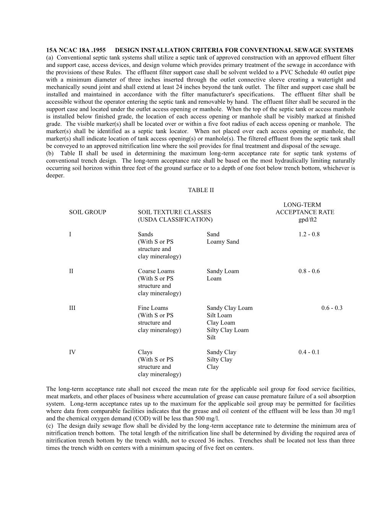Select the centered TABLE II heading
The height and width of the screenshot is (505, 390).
coord(201,190)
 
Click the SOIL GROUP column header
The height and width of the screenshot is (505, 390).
coord(88,212)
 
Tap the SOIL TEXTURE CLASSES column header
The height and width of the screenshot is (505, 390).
coord(174,212)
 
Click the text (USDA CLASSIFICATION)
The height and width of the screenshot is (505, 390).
coord(175,220)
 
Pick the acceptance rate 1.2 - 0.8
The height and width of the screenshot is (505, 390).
coord(309,235)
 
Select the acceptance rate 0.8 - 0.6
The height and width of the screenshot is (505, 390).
coord(309,271)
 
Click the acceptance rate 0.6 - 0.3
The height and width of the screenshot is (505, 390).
coord(332,308)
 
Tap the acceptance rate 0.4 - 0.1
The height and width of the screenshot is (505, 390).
coord(309,352)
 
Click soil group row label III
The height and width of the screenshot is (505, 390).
coord(72,308)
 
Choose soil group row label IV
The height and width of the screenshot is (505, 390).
coord(72,352)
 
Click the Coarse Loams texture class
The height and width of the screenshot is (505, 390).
coord(156,271)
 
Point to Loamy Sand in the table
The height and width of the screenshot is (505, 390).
coord(223,242)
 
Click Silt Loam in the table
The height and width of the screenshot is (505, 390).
coord(219,315)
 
